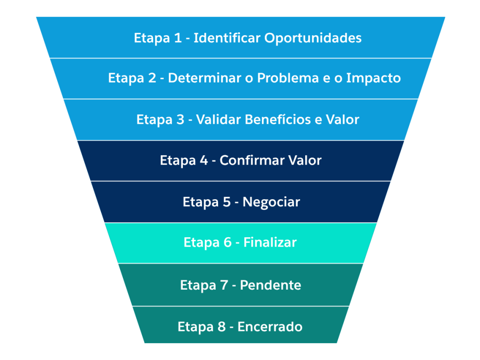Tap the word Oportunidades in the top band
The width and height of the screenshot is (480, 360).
tap(313, 38)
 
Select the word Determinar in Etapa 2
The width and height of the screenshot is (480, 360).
tap(196, 78)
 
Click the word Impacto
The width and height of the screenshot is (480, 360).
tap(373, 79)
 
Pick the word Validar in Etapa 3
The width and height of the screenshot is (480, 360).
tap(218, 120)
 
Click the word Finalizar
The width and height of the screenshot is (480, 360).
tap(270, 243)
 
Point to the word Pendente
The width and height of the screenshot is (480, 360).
tap(270, 285)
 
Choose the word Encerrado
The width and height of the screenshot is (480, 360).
tap(270, 327)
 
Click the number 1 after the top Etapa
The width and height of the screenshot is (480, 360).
tap(178, 38)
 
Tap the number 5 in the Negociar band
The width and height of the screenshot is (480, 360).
tap(226, 202)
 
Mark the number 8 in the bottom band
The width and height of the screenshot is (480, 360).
tap(221, 327)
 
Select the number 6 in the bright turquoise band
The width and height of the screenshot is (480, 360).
tap(227, 243)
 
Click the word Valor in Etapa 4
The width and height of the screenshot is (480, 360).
tap(305, 161)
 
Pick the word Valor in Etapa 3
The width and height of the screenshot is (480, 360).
tap(343, 120)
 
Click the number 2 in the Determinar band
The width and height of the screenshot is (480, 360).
tap(151, 78)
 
